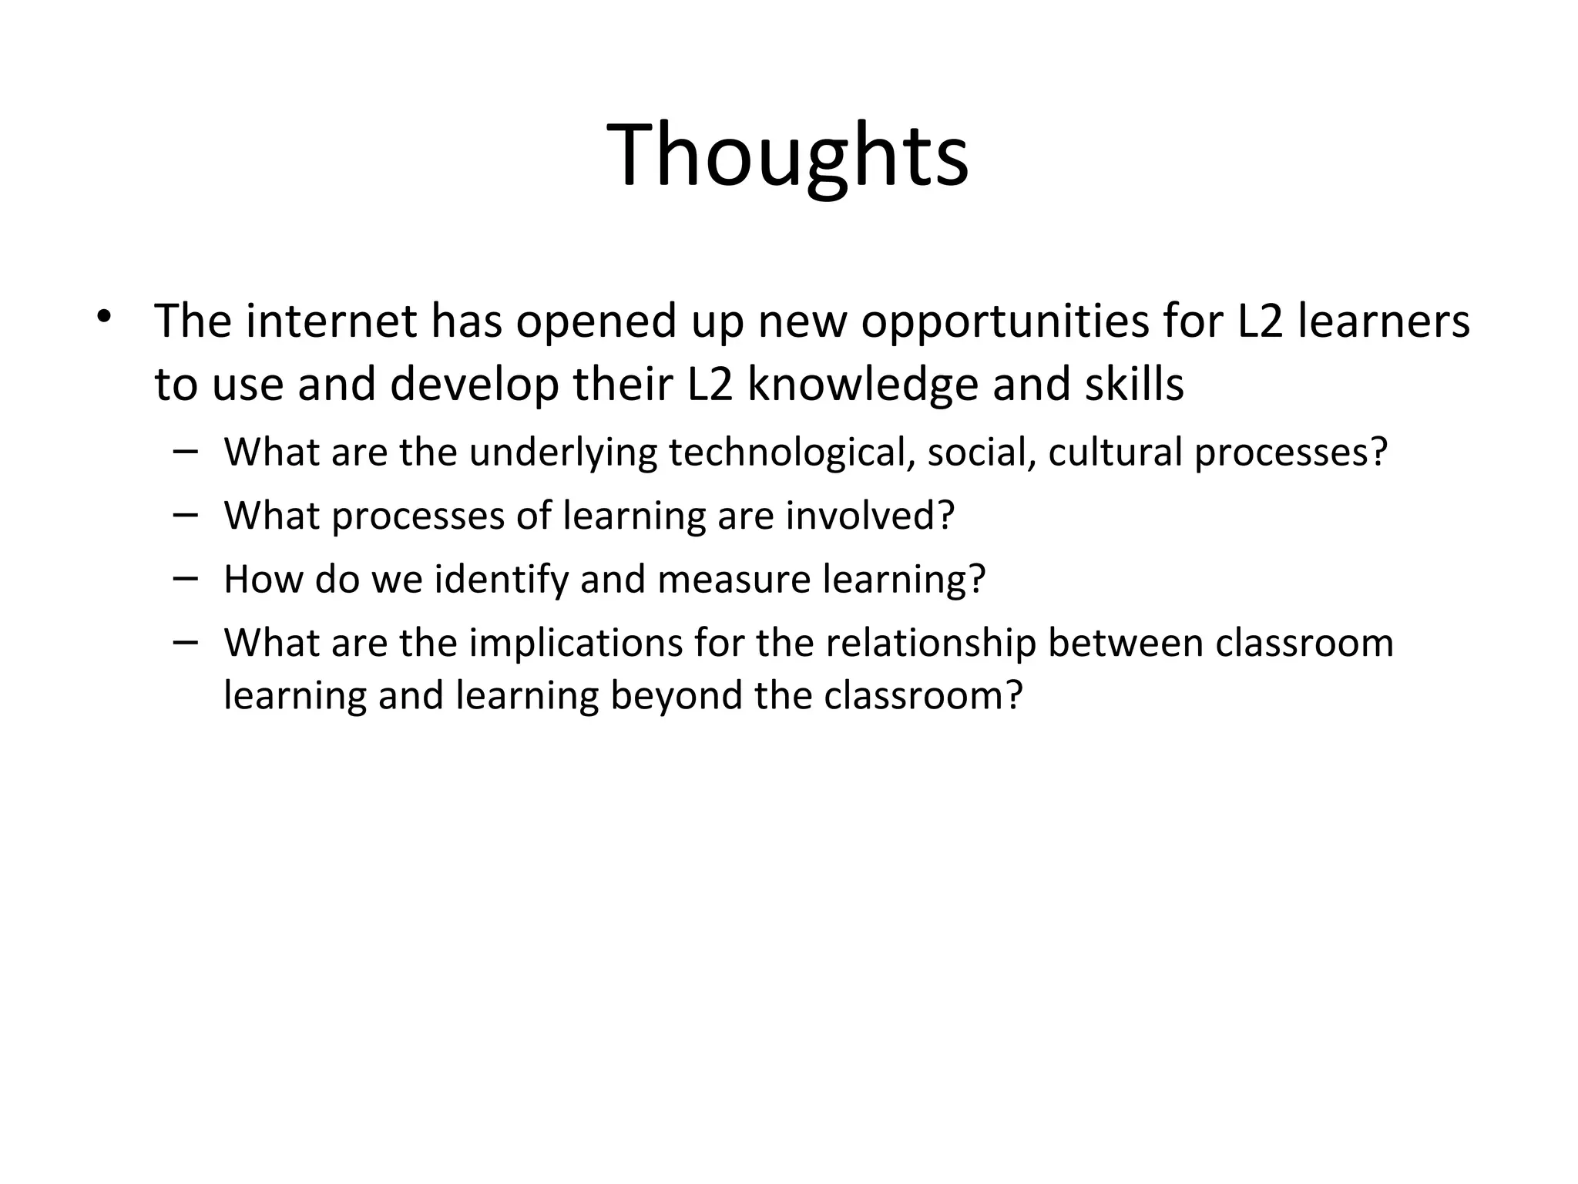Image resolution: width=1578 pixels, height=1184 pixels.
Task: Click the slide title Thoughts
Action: pos(787,156)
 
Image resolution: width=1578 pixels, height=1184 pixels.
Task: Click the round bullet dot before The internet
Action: pos(105,316)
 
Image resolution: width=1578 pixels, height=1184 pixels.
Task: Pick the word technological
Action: pos(791,452)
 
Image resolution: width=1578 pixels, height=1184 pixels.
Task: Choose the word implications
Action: pos(576,644)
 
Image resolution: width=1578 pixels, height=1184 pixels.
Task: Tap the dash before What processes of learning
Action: pos(186,514)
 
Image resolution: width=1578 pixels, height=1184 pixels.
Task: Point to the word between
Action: pos(1126,643)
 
